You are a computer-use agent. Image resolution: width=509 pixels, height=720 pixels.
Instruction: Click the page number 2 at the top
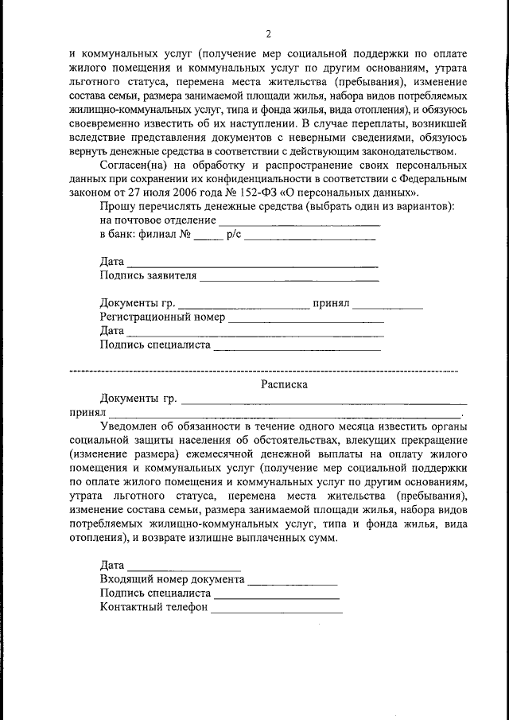coord(268,33)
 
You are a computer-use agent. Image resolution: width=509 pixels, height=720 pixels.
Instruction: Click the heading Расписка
coord(284,383)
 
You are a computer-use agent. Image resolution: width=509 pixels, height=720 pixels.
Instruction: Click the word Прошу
coord(119,207)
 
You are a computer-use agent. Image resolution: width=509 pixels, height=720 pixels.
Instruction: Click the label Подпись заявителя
coord(148,276)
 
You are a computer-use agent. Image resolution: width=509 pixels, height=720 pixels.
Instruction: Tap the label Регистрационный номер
coord(163,317)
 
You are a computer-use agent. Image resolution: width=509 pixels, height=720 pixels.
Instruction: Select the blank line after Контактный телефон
coord(277,610)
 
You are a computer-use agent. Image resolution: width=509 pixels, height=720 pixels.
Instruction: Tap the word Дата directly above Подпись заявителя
coord(112,262)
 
